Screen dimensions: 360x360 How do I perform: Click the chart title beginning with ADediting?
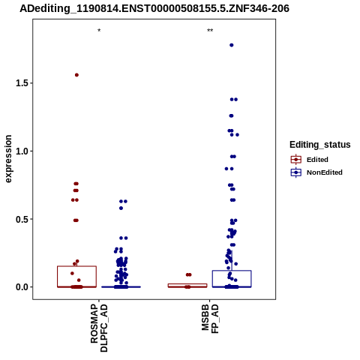(154, 8)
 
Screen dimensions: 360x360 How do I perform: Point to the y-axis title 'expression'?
(8, 159)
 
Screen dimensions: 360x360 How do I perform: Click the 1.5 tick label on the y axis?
(22, 83)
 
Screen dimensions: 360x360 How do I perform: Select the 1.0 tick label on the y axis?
(22, 151)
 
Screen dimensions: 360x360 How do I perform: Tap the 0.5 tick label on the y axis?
(22, 219)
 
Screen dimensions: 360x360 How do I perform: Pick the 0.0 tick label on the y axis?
(22, 287)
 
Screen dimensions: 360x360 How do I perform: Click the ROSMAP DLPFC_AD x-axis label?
(99, 328)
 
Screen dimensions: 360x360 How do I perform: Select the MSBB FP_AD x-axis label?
(210, 318)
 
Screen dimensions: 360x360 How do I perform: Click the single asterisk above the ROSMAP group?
(99, 31)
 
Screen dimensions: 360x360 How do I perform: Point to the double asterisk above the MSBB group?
(210, 31)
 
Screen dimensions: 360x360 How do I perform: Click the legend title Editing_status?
(320, 145)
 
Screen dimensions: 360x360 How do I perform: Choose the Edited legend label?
(317, 160)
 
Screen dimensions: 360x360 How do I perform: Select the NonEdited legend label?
(325, 172)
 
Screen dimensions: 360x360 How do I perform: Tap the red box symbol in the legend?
(296, 160)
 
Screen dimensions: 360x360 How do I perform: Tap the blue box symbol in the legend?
(296, 172)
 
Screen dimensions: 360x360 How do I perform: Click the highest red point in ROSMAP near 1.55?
(76, 75)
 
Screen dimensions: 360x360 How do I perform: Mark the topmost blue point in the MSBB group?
(232, 45)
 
